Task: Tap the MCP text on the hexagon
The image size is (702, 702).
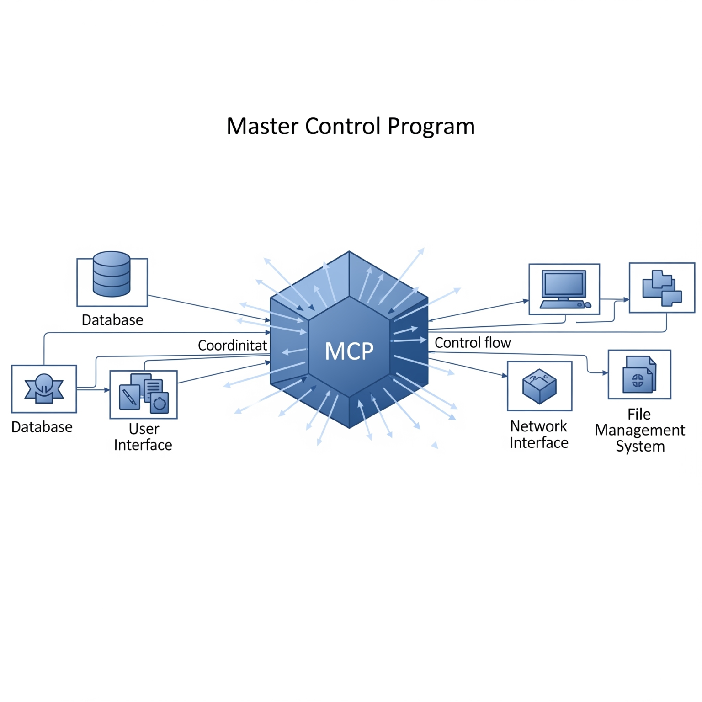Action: click(349, 351)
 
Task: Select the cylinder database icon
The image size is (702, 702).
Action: click(112, 274)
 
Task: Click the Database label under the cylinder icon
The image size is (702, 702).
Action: click(112, 320)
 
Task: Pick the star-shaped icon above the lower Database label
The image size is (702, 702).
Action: click(44, 389)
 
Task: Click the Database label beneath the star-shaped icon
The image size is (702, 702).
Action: click(42, 427)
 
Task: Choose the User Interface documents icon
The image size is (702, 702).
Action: click(144, 394)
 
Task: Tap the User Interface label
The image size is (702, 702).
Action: click(143, 437)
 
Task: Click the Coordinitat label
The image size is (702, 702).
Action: click(232, 345)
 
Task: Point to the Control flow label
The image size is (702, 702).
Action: click(472, 343)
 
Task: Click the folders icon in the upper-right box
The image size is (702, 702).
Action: click(661, 288)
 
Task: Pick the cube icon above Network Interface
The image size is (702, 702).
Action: click(539, 386)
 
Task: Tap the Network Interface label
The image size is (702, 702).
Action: click(539, 434)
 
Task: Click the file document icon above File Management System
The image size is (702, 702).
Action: click(639, 374)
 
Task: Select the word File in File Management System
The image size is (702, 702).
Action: click(638, 414)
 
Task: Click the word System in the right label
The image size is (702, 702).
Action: click(640, 446)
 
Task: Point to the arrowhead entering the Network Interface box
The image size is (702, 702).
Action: click(505, 376)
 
